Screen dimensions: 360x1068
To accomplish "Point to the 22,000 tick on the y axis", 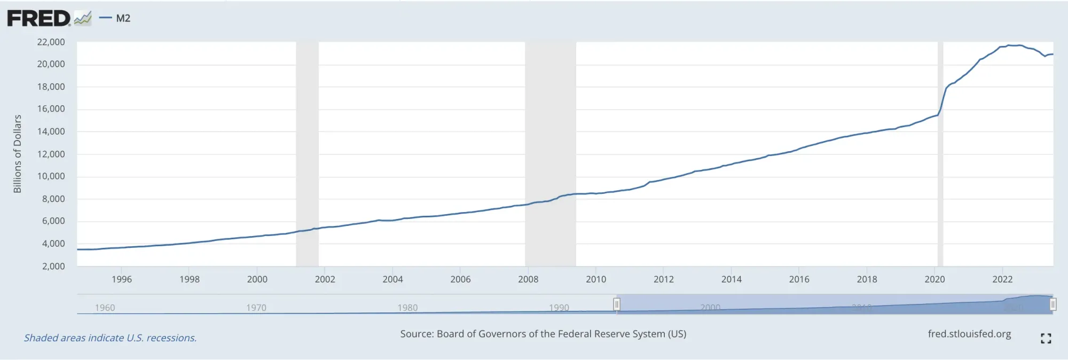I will (51, 42).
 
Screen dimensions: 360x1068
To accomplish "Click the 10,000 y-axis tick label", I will (51, 176).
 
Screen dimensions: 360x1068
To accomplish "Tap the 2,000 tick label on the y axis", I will (53, 266).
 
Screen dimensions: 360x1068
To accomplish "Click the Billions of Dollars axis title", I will (18, 154).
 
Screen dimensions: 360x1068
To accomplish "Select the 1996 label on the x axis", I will (122, 279).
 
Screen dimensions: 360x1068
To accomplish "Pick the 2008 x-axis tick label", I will (528, 279).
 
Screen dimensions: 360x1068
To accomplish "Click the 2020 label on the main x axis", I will (934, 279).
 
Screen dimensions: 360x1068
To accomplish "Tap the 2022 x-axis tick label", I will (1002, 279).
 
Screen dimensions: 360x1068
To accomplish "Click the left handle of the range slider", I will (616, 304).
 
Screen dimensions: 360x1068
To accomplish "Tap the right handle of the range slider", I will (1053, 304).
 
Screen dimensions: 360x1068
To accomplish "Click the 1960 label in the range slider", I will (105, 308).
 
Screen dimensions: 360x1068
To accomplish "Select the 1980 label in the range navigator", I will (407, 308).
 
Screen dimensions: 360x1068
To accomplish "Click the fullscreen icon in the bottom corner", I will (1046, 338).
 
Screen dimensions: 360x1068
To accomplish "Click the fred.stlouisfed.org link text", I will (969, 334).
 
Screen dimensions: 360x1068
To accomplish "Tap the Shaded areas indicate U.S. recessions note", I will (111, 338).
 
